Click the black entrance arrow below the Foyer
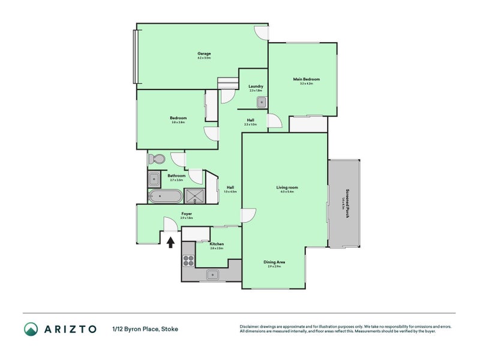170,242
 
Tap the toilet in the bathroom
157,160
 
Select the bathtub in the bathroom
164,196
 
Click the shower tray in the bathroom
194,196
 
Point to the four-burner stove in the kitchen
188,261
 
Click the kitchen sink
212,275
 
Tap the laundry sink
261,102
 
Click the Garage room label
204,53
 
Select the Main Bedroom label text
306,79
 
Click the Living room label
287,188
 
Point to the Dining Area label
274,262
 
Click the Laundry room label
256,86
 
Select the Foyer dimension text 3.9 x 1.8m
186,218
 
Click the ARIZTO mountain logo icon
31,329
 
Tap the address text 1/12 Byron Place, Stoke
145,329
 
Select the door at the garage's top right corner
261,32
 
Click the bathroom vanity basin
154,179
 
